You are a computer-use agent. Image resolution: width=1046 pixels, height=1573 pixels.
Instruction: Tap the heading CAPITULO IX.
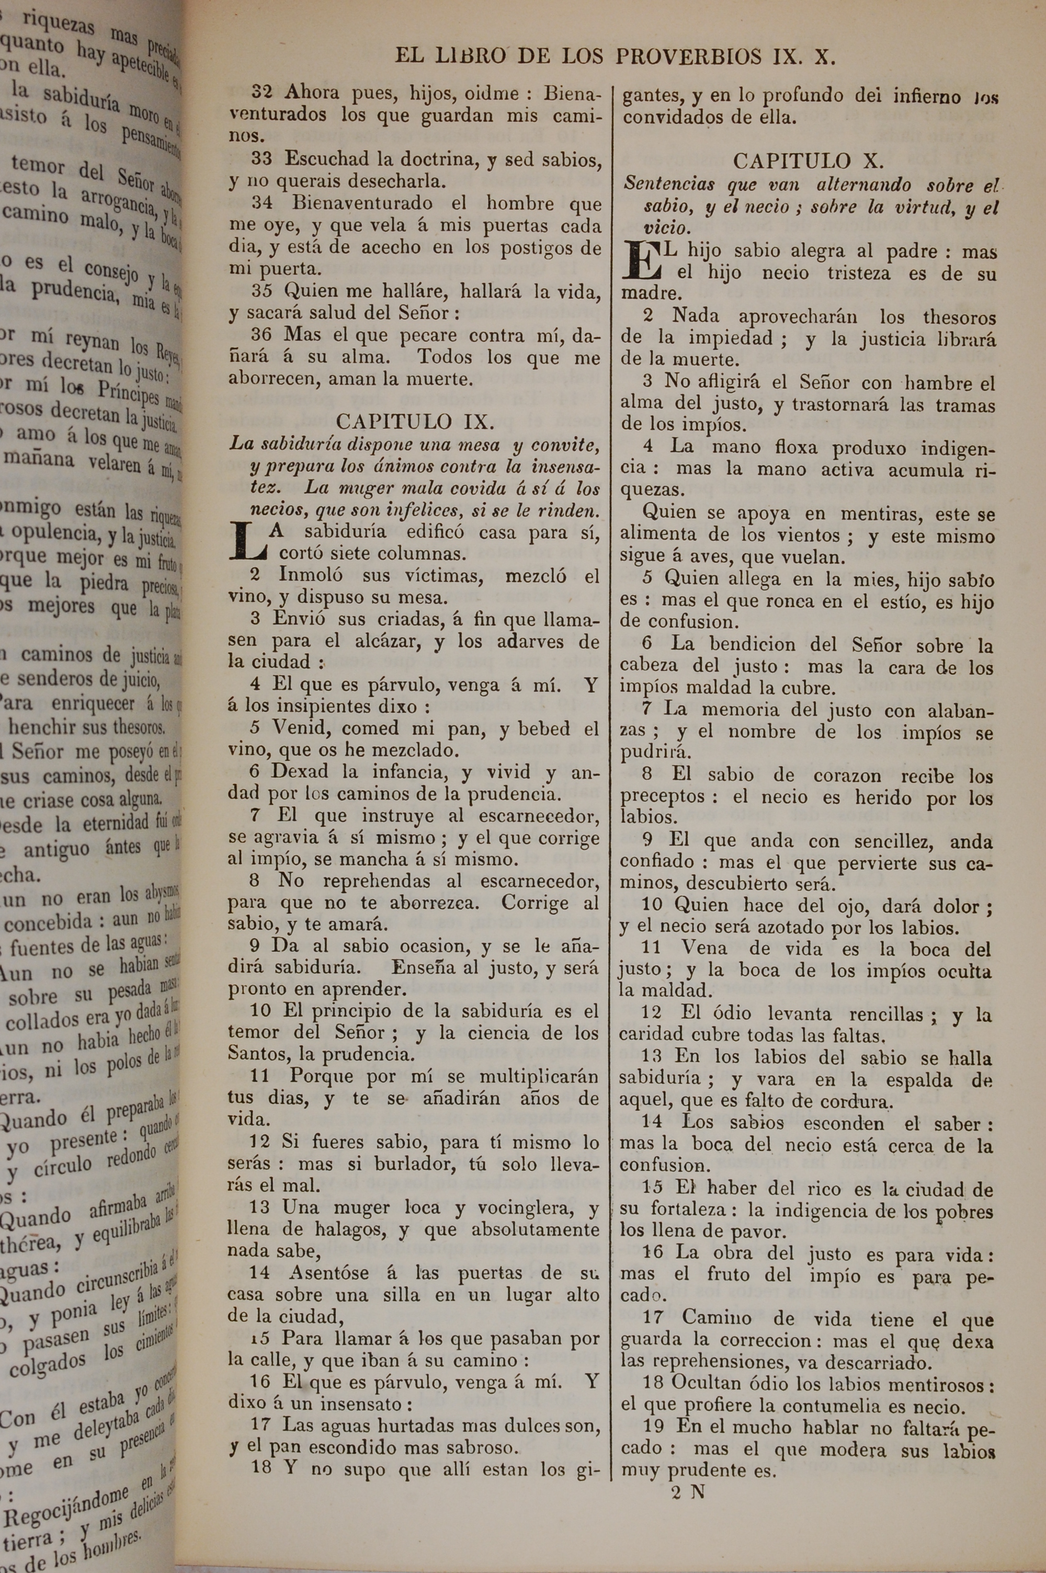coord(415,421)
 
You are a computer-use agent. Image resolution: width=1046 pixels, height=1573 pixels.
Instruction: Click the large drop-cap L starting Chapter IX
coord(247,541)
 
